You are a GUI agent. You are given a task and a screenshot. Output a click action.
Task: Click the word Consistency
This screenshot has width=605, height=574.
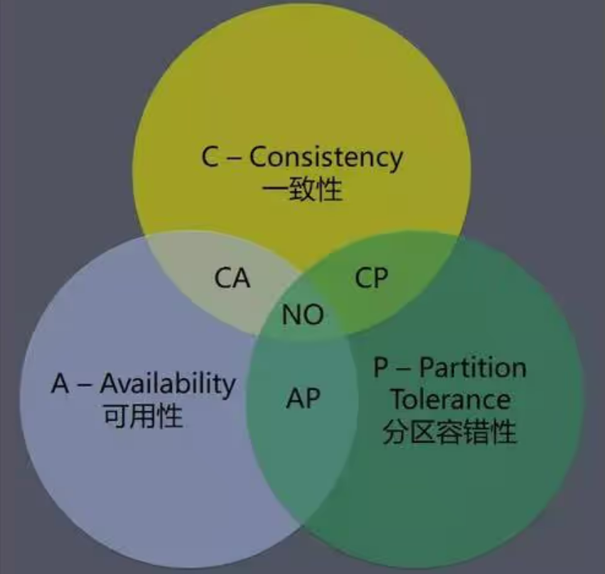click(x=326, y=158)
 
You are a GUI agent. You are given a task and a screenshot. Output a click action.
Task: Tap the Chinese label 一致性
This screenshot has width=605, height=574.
click(x=302, y=190)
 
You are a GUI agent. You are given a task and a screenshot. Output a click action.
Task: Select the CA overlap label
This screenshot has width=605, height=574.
click(x=232, y=277)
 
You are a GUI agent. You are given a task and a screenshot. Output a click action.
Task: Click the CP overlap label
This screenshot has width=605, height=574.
click(x=371, y=277)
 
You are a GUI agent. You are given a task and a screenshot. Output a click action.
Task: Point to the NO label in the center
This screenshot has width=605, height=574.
click(x=302, y=314)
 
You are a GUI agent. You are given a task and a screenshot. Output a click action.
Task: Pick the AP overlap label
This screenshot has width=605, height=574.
click(x=303, y=399)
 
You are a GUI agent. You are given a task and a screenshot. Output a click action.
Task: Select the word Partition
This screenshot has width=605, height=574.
click(x=472, y=368)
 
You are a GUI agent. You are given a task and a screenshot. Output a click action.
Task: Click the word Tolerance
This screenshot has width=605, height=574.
click(x=450, y=399)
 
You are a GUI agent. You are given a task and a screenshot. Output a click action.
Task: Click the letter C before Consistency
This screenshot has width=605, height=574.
click(x=209, y=158)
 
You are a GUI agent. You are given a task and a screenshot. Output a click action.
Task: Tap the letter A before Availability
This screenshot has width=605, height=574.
click(x=60, y=384)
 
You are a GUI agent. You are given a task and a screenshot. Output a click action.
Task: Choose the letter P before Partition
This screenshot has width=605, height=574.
click(x=381, y=368)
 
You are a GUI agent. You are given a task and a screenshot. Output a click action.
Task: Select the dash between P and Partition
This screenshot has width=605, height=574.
click(x=402, y=369)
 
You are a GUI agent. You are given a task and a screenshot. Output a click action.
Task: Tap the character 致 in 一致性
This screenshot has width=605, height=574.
click(x=302, y=190)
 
